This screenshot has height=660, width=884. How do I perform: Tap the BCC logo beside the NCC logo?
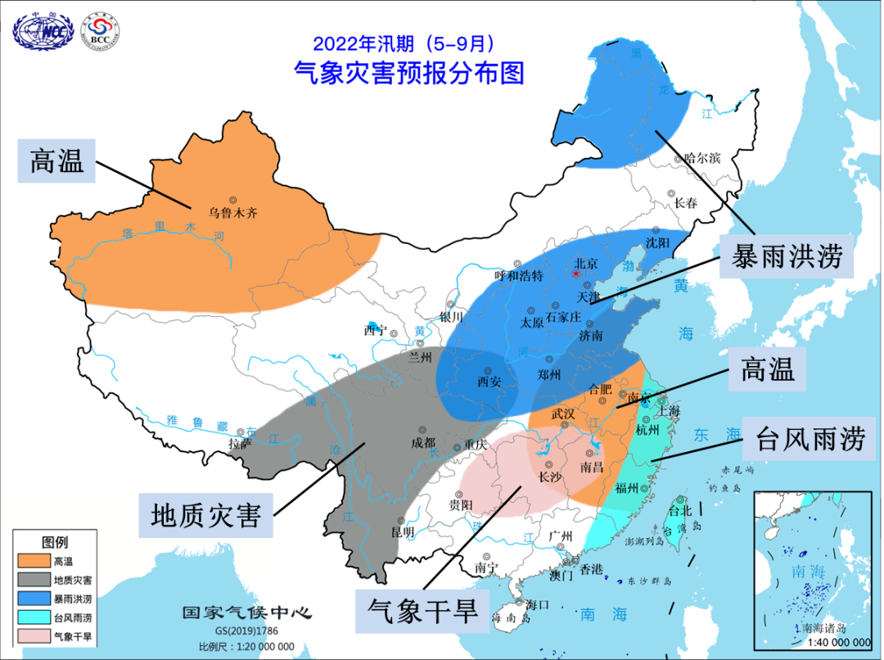pyautogui.click(x=100, y=30)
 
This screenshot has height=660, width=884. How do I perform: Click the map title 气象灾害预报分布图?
pyautogui.click(x=408, y=74)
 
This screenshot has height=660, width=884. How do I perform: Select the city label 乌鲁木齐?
pyautogui.click(x=232, y=212)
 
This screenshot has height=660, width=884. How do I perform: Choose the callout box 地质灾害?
pyautogui.click(x=205, y=516)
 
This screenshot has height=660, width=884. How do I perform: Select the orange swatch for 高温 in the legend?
pyautogui.click(x=32, y=561)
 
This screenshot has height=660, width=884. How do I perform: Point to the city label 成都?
pyautogui.click(x=424, y=441)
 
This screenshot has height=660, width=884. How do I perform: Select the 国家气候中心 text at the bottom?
pyautogui.click(x=246, y=613)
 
